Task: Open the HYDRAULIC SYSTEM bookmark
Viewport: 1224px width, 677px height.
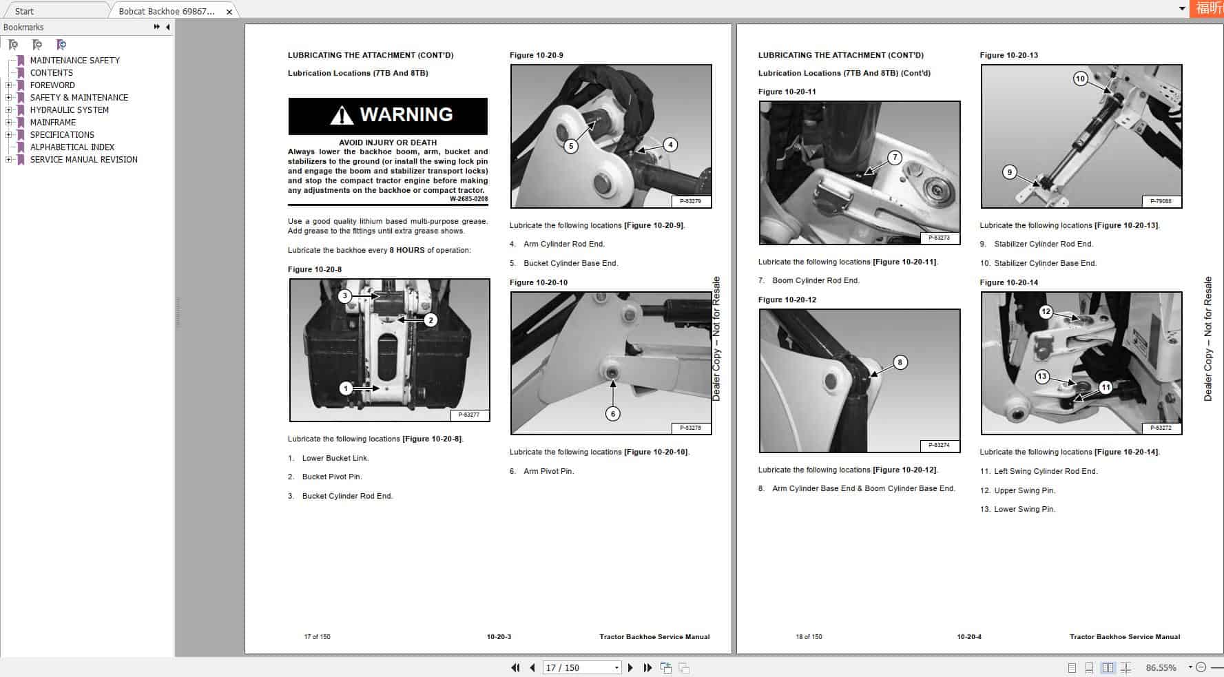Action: click(x=69, y=110)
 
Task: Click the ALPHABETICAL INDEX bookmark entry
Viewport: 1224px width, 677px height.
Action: click(x=72, y=147)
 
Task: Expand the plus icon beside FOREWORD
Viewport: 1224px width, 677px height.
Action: click(x=8, y=85)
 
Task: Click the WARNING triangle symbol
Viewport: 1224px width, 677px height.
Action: click(x=342, y=115)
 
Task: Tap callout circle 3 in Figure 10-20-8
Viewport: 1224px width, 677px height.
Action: click(x=344, y=296)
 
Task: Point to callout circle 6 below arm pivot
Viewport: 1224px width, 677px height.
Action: click(x=612, y=413)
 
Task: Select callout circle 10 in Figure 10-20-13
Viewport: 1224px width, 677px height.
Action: click(x=1079, y=79)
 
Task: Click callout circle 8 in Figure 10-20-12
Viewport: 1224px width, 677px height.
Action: click(x=899, y=362)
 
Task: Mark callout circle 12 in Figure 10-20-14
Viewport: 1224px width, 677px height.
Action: click(x=1046, y=311)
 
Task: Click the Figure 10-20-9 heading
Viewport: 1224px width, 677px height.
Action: click(x=536, y=55)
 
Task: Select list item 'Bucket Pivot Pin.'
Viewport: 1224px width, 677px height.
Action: click(x=331, y=477)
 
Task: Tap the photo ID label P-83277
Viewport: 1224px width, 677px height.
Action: click(x=469, y=415)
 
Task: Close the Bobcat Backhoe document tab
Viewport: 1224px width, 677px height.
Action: click(x=229, y=12)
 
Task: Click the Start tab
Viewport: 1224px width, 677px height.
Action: click(x=24, y=12)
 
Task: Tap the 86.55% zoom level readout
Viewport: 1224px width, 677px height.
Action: click(x=1161, y=667)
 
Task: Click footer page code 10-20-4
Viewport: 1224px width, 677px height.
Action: click(x=968, y=636)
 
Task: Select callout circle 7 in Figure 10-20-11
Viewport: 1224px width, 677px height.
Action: click(x=894, y=157)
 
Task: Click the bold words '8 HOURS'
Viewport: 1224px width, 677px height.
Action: click(x=406, y=250)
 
